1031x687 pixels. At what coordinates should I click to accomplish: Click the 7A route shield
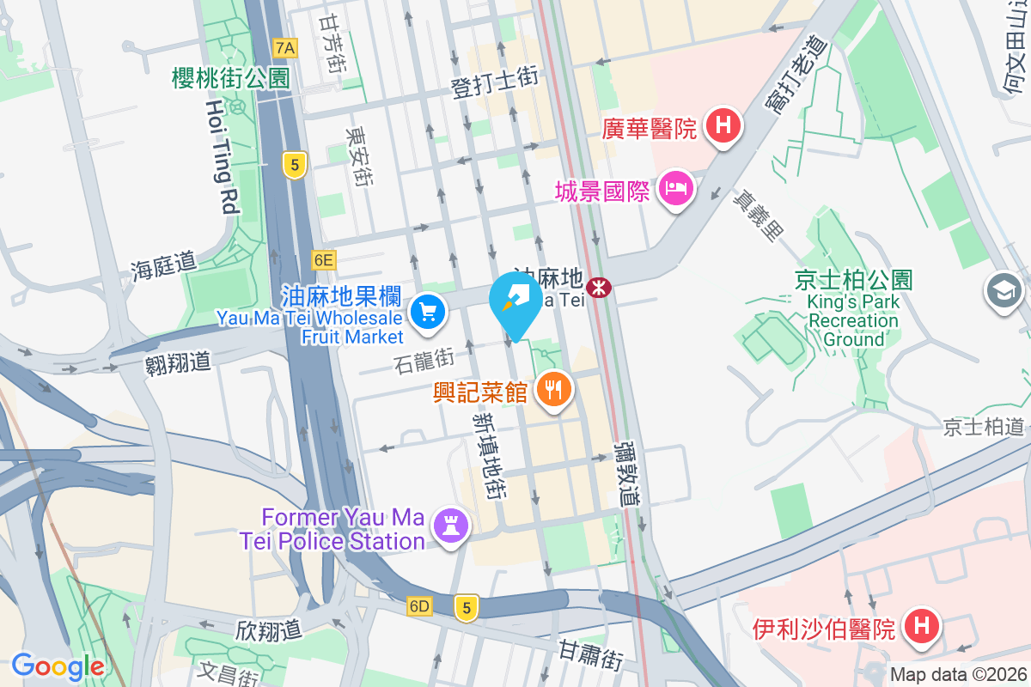click(284, 48)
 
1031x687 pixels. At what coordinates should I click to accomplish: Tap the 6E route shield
click(323, 259)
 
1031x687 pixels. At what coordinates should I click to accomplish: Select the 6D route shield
click(419, 606)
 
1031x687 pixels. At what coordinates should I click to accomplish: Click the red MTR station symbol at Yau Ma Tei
click(600, 285)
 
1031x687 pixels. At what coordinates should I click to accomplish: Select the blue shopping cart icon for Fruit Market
click(427, 312)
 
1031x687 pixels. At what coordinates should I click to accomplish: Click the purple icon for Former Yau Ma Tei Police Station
click(449, 525)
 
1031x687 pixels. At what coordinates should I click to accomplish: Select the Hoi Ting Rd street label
click(220, 155)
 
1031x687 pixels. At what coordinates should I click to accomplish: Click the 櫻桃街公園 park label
click(231, 78)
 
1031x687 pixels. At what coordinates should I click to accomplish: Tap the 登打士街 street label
click(495, 82)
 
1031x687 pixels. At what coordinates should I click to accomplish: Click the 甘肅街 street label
click(590, 656)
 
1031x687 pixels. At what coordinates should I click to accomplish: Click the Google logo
click(58, 666)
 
